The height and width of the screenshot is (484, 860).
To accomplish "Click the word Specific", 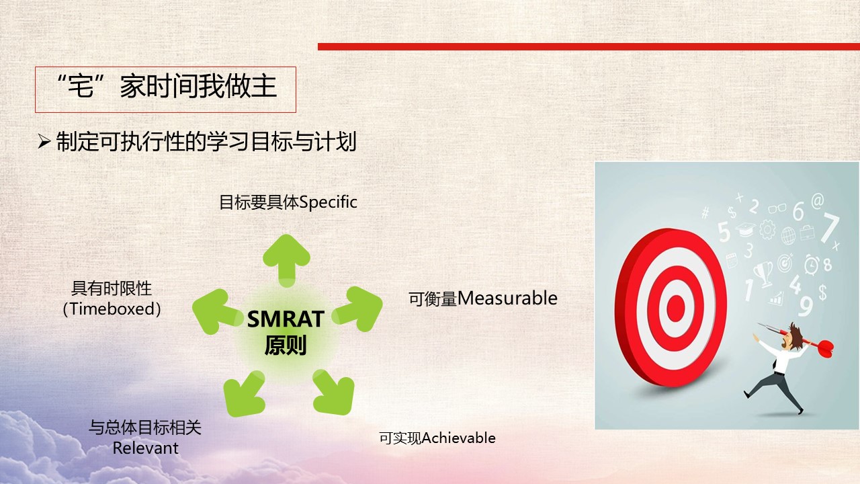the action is click(x=328, y=202).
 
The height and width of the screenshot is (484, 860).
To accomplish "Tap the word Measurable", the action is click(x=507, y=298).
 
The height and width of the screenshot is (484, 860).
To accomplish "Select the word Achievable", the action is click(x=458, y=438).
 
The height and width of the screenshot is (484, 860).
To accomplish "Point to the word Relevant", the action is click(x=146, y=448).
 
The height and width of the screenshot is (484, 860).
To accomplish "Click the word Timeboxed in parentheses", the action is click(x=112, y=309).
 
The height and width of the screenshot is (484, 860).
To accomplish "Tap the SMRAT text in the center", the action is click(x=286, y=319).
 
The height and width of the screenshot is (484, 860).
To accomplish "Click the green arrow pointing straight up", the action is click(x=286, y=260).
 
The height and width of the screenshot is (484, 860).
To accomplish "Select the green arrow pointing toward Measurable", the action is click(x=358, y=309).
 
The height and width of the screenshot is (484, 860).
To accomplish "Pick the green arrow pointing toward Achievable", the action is click(x=333, y=392).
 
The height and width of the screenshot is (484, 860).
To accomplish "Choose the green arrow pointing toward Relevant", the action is click(x=244, y=393).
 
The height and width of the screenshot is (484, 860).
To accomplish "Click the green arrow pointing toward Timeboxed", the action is click(x=217, y=311).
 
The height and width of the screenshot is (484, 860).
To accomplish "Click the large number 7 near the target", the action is click(x=829, y=228).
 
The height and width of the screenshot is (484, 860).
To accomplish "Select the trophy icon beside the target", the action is click(x=763, y=274).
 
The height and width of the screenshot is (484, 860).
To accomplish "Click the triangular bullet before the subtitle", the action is click(x=44, y=142).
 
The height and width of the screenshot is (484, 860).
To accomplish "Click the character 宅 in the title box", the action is click(x=81, y=86).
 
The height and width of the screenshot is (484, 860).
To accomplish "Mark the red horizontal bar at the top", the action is click(x=589, y=46).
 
